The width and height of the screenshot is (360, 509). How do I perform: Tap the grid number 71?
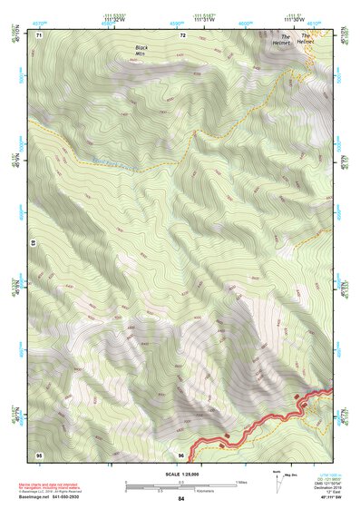(40, 35)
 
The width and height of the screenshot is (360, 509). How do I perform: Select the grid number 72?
(183, 35)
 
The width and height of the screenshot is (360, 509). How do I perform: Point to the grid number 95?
(40, 455)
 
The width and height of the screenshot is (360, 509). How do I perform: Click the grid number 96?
(182, 455)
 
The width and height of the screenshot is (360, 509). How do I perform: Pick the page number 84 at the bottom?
(181, 499)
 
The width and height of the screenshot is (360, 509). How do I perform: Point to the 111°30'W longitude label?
(291, 20)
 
